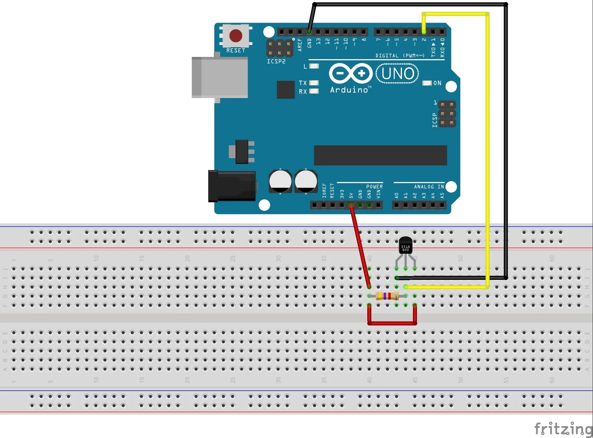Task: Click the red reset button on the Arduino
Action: pos(236,35)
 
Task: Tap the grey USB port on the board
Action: pos(220,77)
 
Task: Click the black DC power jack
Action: pos(232,186)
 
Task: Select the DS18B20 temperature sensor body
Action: pos(405,245)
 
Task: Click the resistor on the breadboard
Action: pos(387,296)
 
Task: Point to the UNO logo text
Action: pos(397,73)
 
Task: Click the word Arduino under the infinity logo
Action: pos(349,90)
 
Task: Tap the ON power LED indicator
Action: pos(427,83)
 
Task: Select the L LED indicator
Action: pos(314,66)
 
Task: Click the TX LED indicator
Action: pos(314,83)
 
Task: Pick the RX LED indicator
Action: pos(314,91)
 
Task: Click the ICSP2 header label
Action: pos(276,62)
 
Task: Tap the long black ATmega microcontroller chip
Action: pos(380,155)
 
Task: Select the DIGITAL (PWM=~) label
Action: pos(400,55)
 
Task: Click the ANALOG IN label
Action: pos(429,187)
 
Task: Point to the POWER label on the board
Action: pos(374,187)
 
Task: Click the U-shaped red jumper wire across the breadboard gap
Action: pos(392,323)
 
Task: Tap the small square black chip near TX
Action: pos(286,90)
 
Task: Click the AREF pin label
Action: pos(300,45)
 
